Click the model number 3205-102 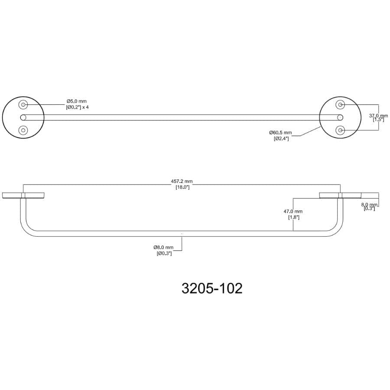[x=212, y=288]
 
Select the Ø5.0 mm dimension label [x=77, y=101]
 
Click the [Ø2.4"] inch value [x=281, y=138]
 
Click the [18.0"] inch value [x=182, y=187]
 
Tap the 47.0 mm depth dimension [x=293, y=211]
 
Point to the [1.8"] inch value [x=293, y=217]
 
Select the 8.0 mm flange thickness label [x=371, y=204]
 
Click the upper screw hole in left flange [x=23, y=104]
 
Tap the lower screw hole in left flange [x=23, y=130]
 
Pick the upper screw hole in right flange [x=341, y=104]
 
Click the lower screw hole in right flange [x=341, y=130]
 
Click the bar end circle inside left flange [x=23, y=117]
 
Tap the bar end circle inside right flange [x=340, y=117]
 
